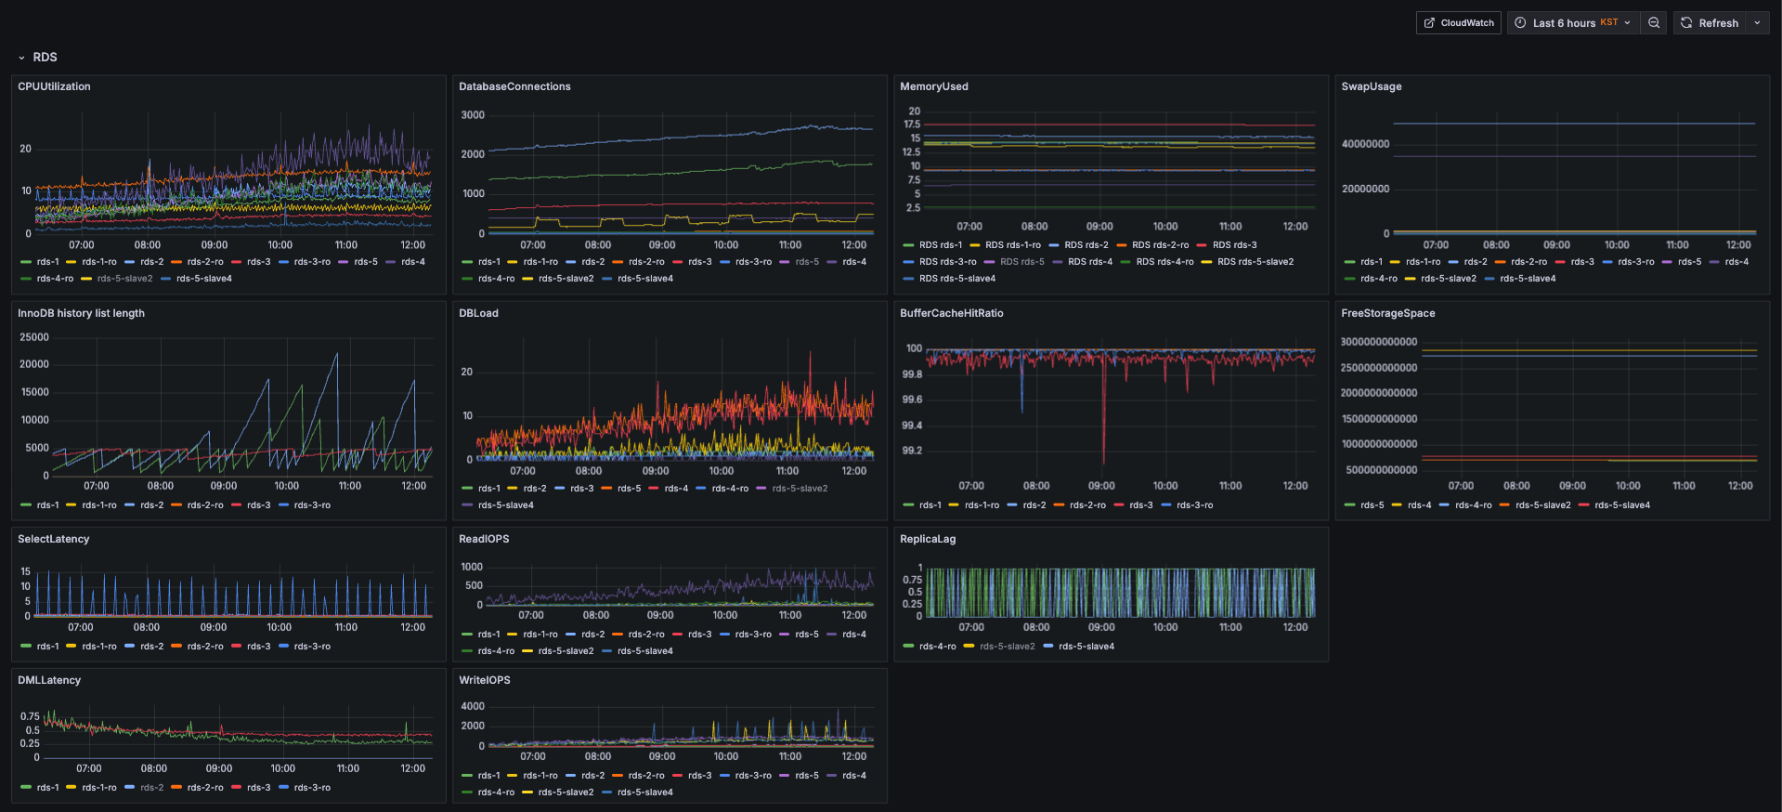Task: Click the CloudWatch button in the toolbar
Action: (1458, 23)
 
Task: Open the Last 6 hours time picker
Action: (1572, 23)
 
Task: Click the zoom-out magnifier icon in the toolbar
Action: (1654, 23)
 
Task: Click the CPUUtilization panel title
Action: (54, 86)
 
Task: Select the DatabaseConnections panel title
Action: (514, 86)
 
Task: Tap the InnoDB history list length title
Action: (81, 313)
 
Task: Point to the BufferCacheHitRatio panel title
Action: (951, 313)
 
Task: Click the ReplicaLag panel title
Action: (928, 539)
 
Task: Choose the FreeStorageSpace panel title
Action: (1387, 313)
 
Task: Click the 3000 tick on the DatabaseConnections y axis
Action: (473, 115)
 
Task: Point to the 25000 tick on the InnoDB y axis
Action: (34, 337)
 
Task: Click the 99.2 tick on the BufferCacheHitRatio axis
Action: (912, 451)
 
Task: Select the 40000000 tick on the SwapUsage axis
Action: (1365, 144)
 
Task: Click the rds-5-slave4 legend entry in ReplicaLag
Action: (1079, 647)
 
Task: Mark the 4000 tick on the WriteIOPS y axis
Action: (473, 706)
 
